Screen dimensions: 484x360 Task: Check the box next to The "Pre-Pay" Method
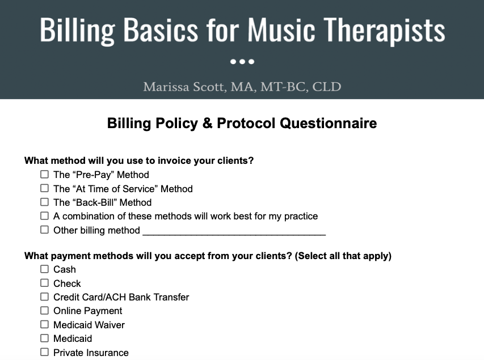[44, 175]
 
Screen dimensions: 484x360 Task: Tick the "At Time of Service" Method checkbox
[44, 188]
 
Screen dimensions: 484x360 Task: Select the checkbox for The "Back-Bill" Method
[44, 202]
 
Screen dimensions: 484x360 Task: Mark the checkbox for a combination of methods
[44, 216]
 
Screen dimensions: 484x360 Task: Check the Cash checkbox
[44, 269]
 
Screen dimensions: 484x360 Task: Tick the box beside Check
[44, 283]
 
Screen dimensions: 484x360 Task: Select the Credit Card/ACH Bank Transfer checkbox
[44, 297]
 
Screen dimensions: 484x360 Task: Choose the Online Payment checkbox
[44, 311]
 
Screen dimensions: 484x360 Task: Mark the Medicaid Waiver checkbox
[44, 324]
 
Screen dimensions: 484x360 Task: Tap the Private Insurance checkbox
[44, 352]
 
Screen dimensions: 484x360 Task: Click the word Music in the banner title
[281, 29]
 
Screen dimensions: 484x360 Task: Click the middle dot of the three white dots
[242, 62]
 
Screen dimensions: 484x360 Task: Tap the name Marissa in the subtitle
[166, 87]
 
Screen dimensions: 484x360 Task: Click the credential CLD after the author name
[327, 87]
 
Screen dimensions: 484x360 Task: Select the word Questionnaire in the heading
[329, 123]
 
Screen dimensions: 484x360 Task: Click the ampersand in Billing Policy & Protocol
[207, 123]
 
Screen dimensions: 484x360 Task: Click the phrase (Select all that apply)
[343, 256]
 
